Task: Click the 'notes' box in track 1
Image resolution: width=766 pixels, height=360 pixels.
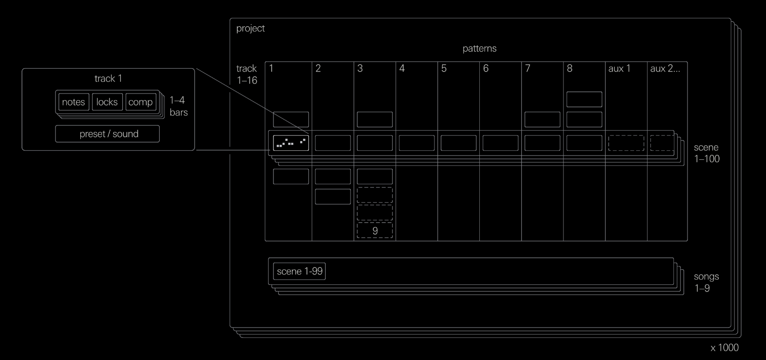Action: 73,102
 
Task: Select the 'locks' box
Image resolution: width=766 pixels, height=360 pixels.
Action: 107,102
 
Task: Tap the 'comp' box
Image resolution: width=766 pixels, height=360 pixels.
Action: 141,102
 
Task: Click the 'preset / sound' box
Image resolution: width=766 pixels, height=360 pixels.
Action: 108,134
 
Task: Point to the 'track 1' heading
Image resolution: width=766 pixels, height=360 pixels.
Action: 108,78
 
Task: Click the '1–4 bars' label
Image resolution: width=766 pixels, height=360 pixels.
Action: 178,106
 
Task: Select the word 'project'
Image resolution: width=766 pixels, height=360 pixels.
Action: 250,29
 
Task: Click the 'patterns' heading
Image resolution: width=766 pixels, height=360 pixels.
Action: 479,48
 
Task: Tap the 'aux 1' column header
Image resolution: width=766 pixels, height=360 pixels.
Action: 619,69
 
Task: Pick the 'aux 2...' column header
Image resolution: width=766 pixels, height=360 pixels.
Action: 664,69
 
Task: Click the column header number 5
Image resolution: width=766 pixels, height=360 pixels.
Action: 444,69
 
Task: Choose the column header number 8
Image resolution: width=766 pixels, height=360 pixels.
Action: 570,69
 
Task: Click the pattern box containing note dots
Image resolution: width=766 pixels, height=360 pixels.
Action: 291,143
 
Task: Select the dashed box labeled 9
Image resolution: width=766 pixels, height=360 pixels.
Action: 375,230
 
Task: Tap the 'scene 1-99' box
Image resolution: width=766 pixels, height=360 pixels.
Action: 299,271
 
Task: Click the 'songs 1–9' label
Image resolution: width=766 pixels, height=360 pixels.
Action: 706,282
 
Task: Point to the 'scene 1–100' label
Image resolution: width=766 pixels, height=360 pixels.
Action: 707,153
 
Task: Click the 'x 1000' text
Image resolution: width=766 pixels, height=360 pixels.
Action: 724,348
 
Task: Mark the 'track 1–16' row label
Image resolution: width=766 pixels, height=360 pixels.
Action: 247,74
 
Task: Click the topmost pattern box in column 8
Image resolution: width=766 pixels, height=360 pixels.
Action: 584,100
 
